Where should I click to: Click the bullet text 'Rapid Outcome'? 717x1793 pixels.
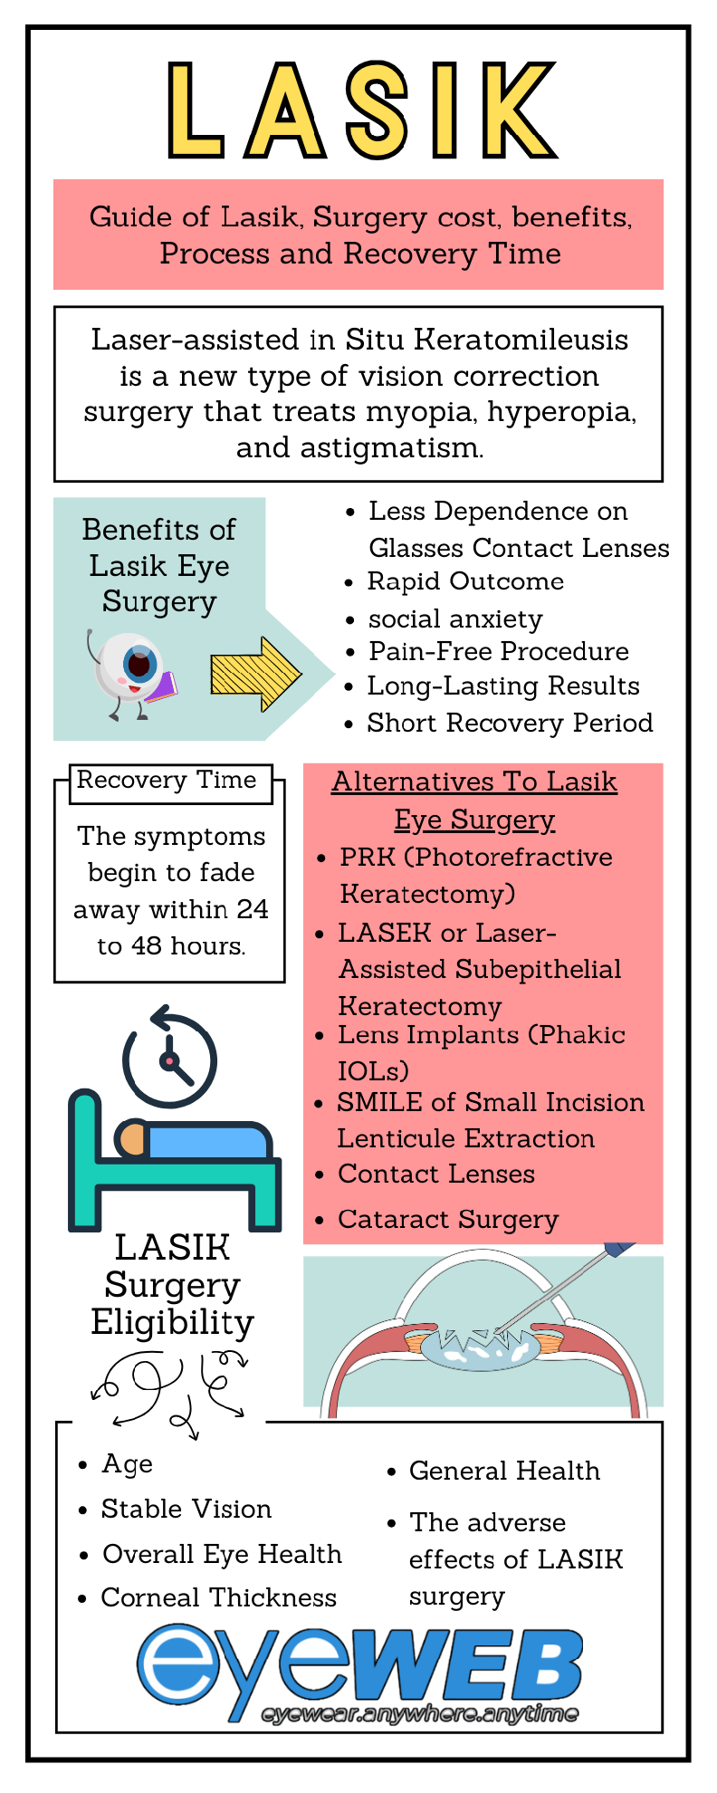[x=465, y=581]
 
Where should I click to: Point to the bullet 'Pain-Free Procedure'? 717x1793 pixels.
[x=498, y=651]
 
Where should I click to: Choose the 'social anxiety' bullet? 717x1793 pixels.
[x=455, y=618]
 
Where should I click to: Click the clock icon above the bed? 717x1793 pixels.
[x=169, y=1059]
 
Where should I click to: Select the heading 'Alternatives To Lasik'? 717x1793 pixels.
[x=474, y=781]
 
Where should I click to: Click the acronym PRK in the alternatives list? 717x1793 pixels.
[x=359, y=857]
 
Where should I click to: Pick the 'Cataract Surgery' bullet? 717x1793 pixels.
[x=448, y=1219]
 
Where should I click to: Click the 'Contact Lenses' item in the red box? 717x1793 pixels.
[x=436, y=1174]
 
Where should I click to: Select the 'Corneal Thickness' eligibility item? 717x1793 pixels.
[x=218, y=1597]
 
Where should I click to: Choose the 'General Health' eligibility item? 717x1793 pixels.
[x=504, y=1471]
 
